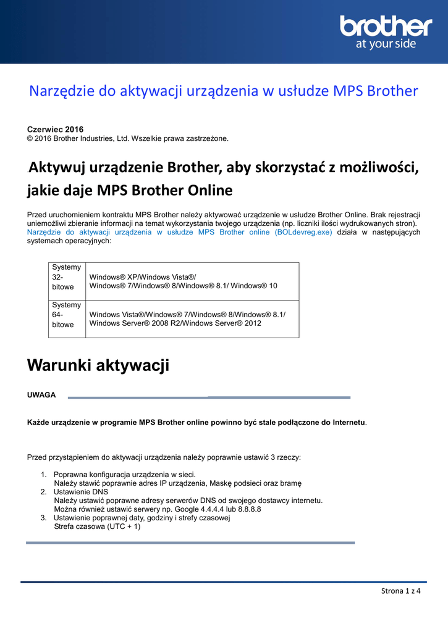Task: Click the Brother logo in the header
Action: pyautogui.click(x=386, y=27)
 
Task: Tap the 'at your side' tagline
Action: pyautogui.click(x=386, y=44)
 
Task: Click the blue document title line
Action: pyautogui.click(x=224, y=91)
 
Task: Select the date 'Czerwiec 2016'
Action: pyautogui.click(x=56, y=129)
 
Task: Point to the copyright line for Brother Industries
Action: pyautogui.click(x=128, y=138)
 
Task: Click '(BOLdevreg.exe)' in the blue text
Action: pyautogui.click(x=303, y=232)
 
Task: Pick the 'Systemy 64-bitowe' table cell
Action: pyautogui.click(x=67, y=315)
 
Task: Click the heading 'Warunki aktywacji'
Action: pyautogui.click(x=98, y=365)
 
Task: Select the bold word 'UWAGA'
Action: pyautogui.click(x=41, y=394)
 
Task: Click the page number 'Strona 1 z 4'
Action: pyautogui.click(x=400, y=591)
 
